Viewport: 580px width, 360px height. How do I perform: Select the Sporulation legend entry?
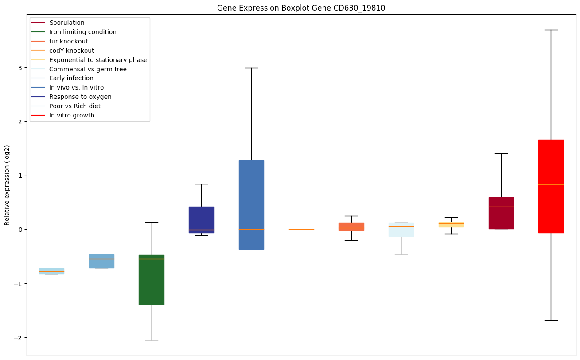coord(67,23)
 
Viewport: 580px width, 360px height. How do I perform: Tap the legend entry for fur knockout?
coord(69,41)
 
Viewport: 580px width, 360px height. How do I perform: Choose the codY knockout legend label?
coord(72,51)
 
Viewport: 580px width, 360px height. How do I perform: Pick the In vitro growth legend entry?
coord(72,115)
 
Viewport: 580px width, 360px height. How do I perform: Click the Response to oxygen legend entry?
coord(80,97)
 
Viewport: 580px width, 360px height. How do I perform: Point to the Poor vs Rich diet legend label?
coord(75,106)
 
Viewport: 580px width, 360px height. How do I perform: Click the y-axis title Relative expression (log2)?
coord(7,185)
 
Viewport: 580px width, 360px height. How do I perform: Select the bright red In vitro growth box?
coord(551,186)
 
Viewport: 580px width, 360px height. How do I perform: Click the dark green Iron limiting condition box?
coord(152,280)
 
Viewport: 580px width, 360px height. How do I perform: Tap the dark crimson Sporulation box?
coord(501,213)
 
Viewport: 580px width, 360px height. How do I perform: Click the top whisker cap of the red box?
coord(551,30)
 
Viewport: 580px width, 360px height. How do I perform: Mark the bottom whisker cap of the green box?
coord(152,340)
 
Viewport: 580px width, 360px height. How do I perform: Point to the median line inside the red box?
coord(551,184)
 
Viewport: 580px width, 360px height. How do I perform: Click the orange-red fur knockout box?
coord(351,226)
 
